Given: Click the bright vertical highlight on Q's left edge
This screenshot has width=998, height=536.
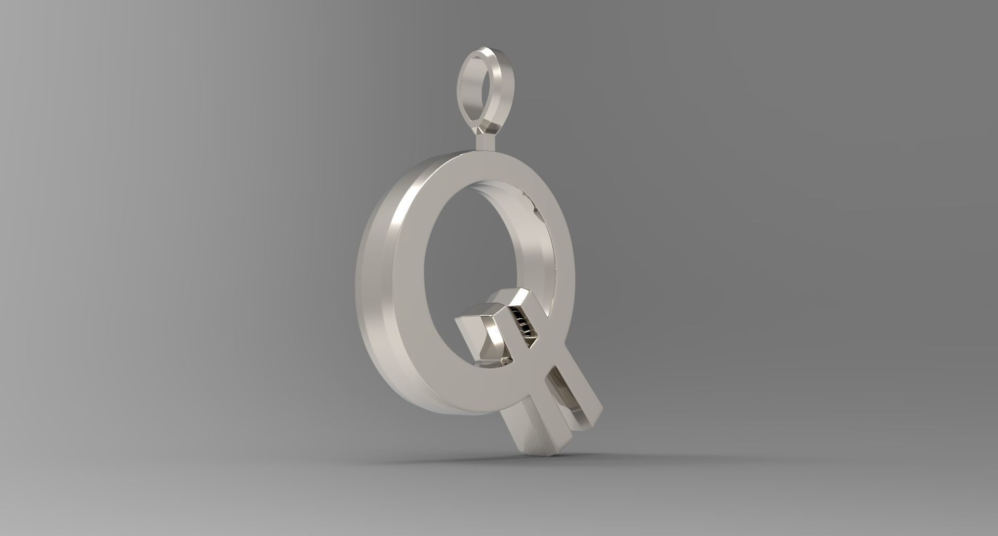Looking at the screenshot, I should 401,229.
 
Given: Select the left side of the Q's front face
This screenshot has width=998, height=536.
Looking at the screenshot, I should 408,291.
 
